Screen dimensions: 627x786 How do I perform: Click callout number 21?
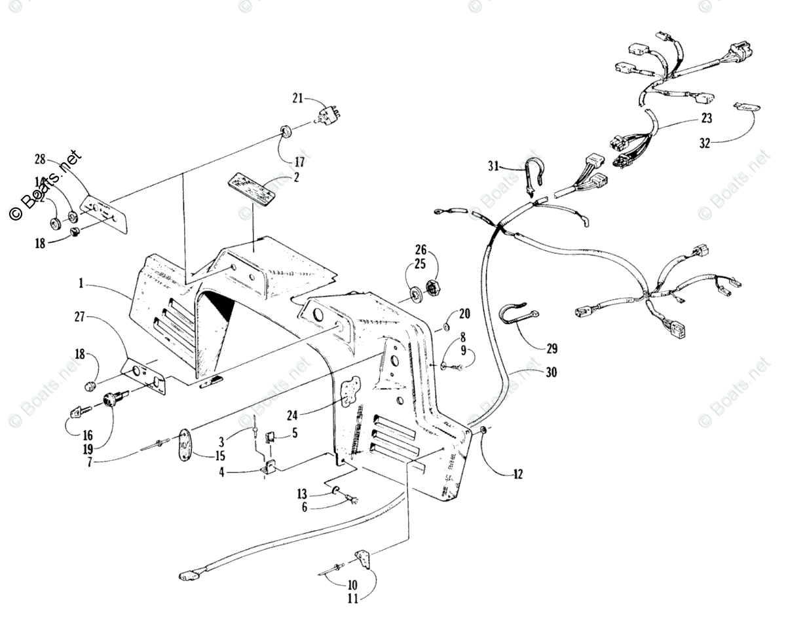click(298, 98)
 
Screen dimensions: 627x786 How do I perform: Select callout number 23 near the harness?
click(706, 118)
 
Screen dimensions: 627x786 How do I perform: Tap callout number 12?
click(518, 475)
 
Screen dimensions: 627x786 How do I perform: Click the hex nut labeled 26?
click(432, 286)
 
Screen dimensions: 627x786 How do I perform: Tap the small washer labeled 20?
click(445, 327)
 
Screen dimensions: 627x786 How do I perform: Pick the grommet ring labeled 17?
click(286, 134)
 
